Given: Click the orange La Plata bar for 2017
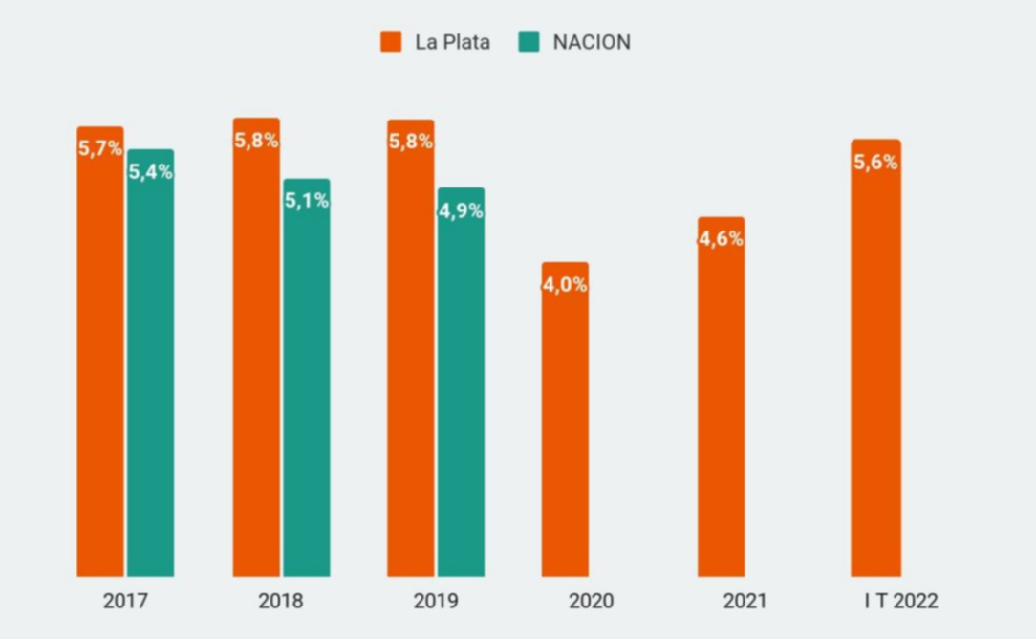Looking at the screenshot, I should click(100, 364).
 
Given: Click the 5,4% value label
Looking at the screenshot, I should click(151, 172).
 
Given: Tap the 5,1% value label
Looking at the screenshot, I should click(307, 201).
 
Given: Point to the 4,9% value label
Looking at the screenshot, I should click(461, 211).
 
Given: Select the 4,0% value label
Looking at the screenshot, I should click(565, 285).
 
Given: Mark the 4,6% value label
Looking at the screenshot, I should click(721, 239).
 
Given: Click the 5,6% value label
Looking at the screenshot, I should click(875, 163).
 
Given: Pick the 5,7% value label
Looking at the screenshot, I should click(100, 148).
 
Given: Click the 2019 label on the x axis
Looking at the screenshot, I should click(436, 602).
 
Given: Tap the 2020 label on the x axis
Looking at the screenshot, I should click(591, 602).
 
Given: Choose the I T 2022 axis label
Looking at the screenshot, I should click(900, 602).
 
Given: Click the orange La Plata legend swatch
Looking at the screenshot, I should click(391, 42).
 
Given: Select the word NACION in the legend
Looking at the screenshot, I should click(592, 42).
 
